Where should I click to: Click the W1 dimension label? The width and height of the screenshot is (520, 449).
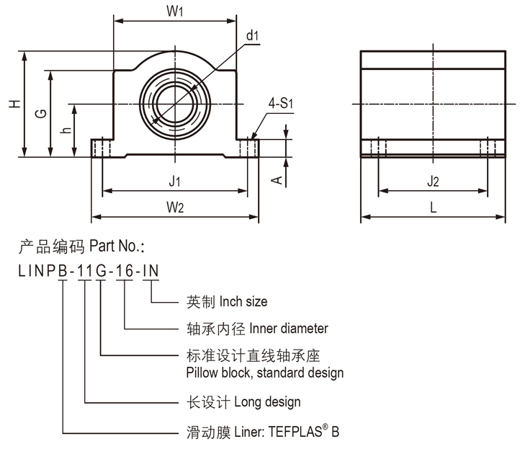[x=175, y=12]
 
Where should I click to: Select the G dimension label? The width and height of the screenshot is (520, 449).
[x=41, y=113]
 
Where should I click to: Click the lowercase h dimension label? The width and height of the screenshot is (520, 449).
[x=66, y=130]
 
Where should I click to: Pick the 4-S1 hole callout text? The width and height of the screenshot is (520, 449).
[x=280, y=104]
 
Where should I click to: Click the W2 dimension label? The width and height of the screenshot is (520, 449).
[x=174, y=207]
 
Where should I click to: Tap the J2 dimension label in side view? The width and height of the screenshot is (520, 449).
[x=432, y=182]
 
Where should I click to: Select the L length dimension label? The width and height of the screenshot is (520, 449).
[x=432, y=207]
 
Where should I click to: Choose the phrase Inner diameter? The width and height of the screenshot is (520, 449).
[x=288, y=329]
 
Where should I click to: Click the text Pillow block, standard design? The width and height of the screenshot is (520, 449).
[x=264, y=373]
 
